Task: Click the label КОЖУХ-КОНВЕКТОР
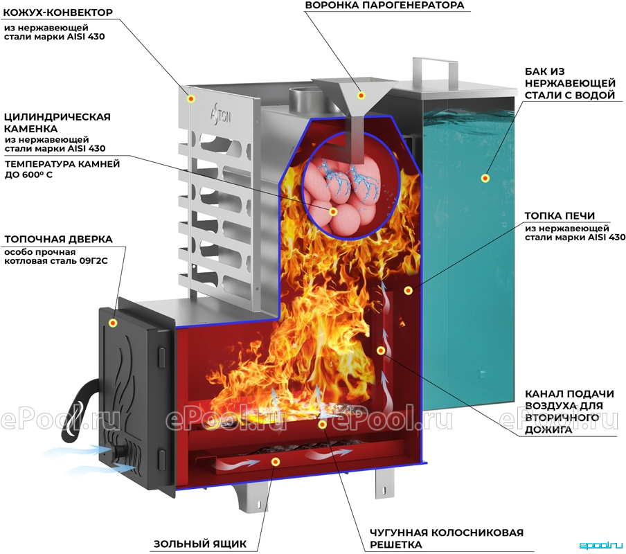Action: tap(58, 12)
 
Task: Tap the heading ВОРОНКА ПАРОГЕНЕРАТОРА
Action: tap(385, 5)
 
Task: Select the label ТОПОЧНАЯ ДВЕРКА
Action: tap(59, 239)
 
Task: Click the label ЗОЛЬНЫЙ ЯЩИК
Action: tap(200, 544)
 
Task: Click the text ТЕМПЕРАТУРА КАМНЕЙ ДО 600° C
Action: tap(62, 169)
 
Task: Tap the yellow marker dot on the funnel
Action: tap(361, 95)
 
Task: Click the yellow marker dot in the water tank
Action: tap(485, 178)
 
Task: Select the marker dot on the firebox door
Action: tap(113, 323)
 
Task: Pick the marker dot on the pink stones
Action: tap(333, 211)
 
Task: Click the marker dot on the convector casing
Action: tap(191, 98)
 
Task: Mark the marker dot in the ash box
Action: tap(275, 462)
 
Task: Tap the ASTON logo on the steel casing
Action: tap(221, 116)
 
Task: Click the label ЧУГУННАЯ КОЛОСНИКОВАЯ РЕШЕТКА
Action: tap(447, 539)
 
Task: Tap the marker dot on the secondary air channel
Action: tap(381, 350)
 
